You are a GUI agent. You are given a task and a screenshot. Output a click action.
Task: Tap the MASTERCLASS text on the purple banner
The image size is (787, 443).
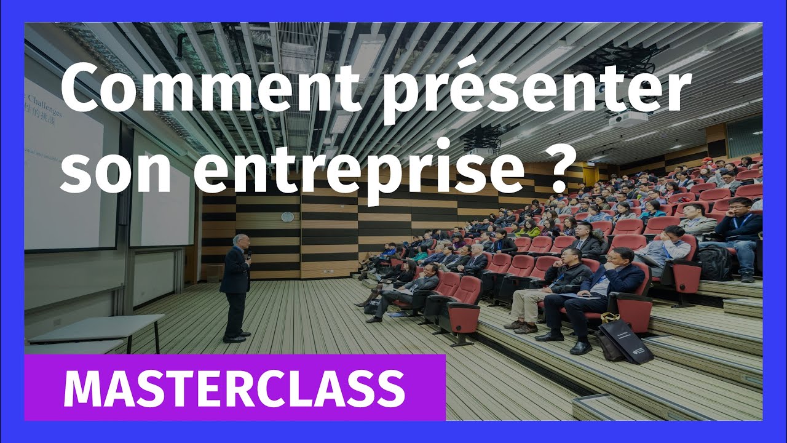234,388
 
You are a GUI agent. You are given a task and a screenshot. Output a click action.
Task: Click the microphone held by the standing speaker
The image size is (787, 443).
249,254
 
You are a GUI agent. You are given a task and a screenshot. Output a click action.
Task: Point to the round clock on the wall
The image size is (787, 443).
287,217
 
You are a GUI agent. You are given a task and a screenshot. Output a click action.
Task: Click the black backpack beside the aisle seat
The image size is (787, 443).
714,263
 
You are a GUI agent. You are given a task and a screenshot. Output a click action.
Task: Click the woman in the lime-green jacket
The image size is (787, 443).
529,229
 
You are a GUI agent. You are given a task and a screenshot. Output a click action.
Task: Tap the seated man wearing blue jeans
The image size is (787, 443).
741,237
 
